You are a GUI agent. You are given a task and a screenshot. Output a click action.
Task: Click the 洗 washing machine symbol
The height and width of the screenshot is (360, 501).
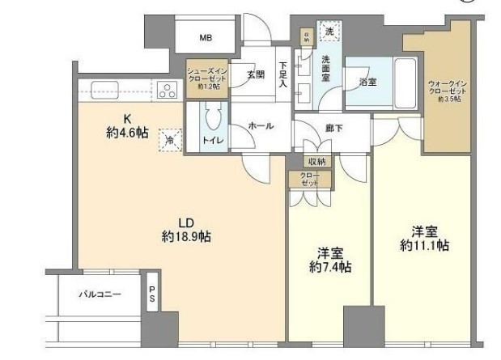click(329, 31)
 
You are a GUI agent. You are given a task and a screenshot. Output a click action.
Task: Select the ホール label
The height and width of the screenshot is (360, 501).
click(260, 126)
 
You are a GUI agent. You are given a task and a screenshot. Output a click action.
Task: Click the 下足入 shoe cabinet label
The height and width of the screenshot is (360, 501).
click(282, 75)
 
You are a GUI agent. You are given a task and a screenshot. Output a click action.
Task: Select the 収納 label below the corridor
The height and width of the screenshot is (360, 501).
click(316, 162)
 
